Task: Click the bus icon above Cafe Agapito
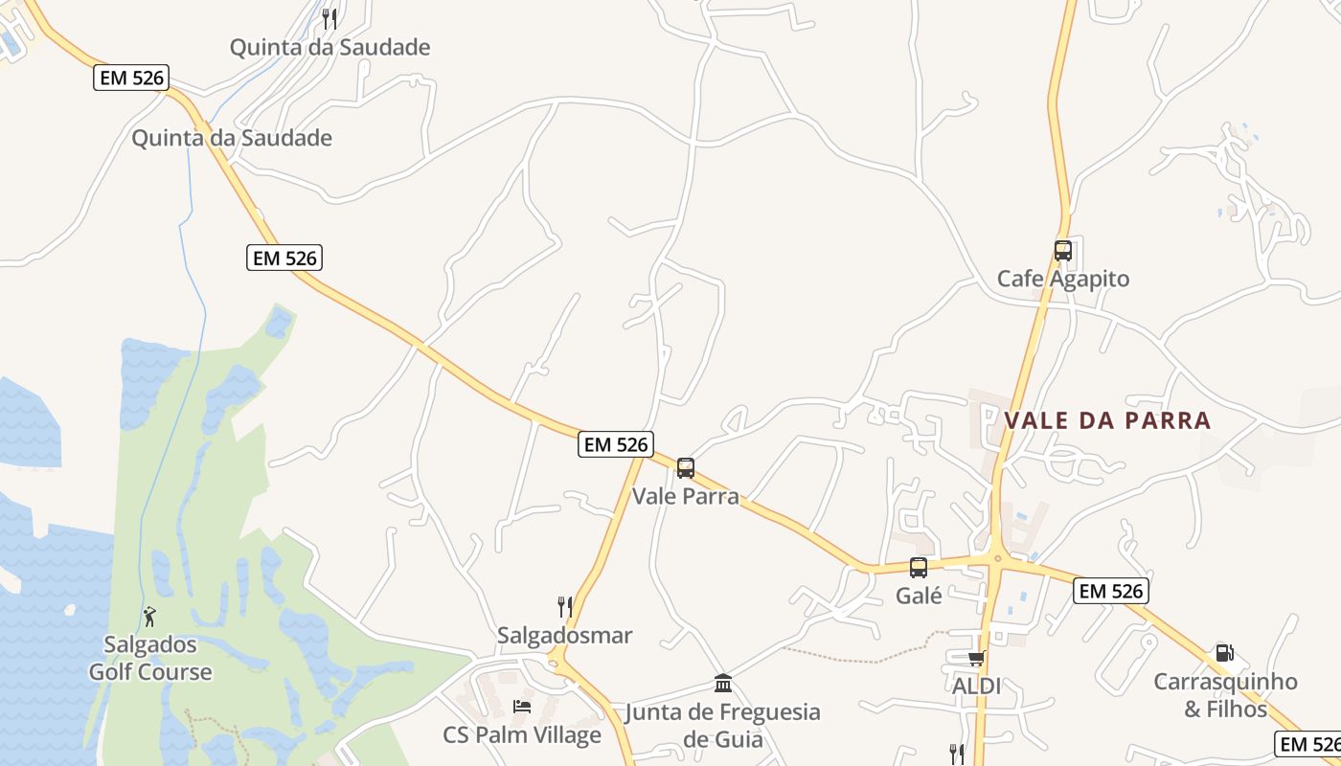[1063, 251]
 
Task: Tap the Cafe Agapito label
[1063, 279]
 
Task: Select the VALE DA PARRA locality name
[1107, 420]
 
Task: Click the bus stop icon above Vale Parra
[686, 468]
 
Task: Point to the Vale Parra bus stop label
[686, 496]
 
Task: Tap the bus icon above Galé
[919, 568]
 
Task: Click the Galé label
[919, 596]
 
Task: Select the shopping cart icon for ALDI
[976, 659]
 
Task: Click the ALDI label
[976, 686]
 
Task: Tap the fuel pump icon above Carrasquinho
[1224, 654]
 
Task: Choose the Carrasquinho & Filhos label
[1225, 695]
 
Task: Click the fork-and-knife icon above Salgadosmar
[565, 607]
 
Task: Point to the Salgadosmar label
[565, 635]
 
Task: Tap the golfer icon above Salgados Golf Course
[149, 617]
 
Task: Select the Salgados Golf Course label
[150, 659]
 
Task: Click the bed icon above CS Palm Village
[522, 707]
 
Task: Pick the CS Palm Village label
[522, 734]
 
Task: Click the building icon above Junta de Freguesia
[723, 684]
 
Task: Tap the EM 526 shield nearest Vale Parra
[616, 444]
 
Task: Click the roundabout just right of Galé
[997, 558]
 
